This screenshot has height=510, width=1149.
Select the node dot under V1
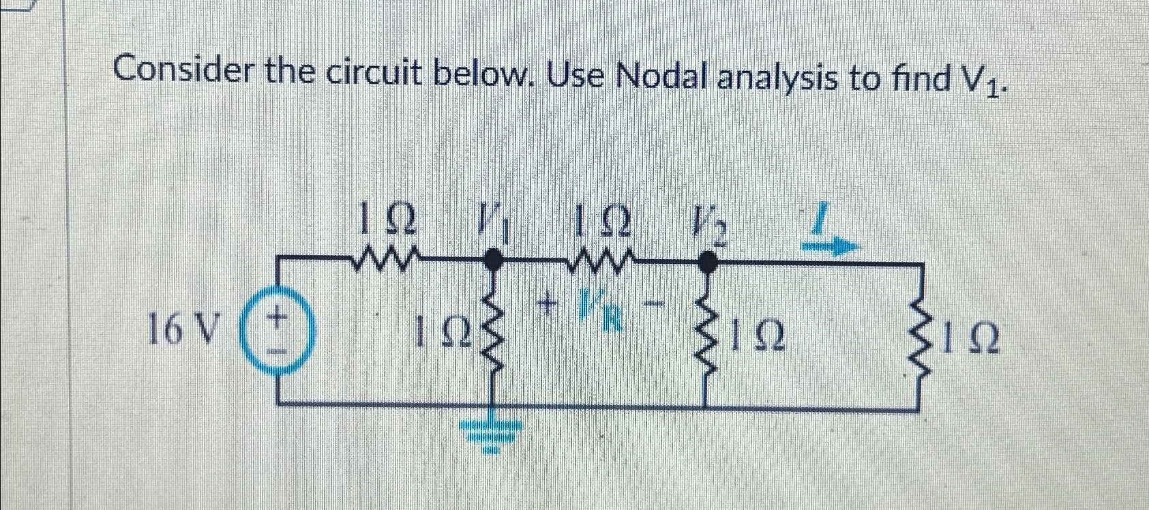pos(493,258)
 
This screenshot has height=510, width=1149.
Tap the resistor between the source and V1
pos(387,258)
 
